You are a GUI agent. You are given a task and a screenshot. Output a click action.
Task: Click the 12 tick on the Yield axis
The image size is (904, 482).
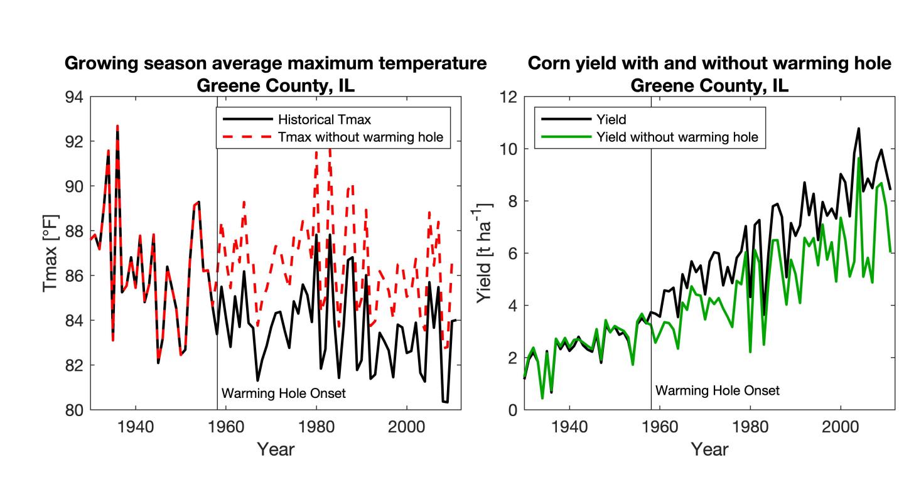click(508, 97)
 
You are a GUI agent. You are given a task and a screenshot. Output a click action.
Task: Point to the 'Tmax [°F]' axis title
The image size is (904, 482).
click(51, 254)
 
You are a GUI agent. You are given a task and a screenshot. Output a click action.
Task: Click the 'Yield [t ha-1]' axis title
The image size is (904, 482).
click(485, 254)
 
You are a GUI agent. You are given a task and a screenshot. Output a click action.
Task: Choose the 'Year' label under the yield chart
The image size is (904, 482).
click(709, 449)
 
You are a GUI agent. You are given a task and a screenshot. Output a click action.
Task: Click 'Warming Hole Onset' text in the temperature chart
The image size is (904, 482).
click(284, 394)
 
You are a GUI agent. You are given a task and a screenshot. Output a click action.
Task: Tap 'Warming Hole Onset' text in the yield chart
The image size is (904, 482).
click(718, 390)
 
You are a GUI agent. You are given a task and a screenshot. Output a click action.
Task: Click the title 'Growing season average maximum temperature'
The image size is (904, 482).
click(276, 64)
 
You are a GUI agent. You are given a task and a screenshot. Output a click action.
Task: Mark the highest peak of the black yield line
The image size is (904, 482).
click(858, 129)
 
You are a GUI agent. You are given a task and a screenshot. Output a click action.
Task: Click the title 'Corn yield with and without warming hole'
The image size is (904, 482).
click(709, 64)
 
